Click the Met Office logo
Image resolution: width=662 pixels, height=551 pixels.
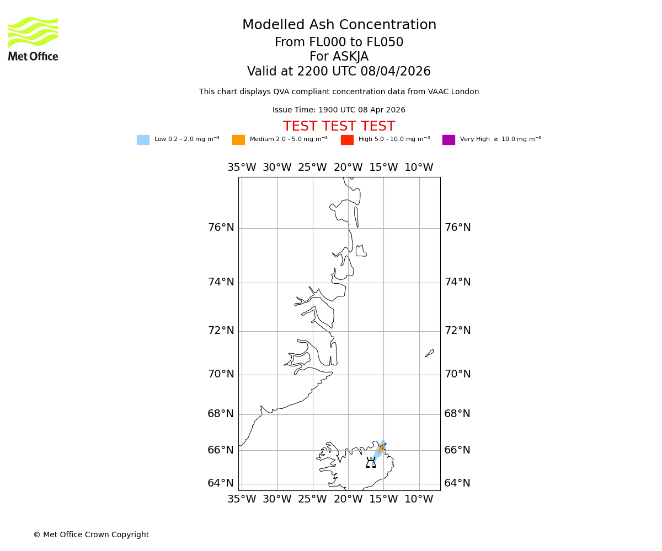coord(33,39)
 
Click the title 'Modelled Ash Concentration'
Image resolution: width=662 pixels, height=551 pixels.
coord(339,25)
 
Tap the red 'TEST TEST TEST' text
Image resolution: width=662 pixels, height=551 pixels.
coord(339,127)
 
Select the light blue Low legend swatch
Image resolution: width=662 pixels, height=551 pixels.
coord(143,140)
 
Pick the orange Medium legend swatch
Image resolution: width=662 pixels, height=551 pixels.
coord(238,140)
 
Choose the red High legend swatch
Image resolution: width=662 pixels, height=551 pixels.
coord(347,140)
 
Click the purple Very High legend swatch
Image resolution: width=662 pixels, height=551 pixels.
coord(449,140)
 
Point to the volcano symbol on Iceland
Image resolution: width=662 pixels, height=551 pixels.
coord(371,463)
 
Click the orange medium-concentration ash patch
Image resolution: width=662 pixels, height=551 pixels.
coord(381,449)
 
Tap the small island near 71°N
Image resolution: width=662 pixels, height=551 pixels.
coord(429,353)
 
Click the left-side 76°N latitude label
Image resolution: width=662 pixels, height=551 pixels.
coord(221,228)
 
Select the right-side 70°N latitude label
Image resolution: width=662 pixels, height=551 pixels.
coord(457,374)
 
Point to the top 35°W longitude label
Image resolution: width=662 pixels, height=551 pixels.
coord(242,168)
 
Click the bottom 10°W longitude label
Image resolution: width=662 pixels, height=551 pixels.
coord(419,499)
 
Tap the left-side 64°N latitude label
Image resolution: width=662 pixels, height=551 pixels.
coord(221,483)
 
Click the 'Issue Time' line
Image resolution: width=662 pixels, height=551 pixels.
coord(339,110)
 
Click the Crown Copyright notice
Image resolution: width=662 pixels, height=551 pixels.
coord(91,535)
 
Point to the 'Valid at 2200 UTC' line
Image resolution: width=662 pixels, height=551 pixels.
coord(339,72)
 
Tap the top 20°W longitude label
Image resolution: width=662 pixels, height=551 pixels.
coord(348,168)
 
